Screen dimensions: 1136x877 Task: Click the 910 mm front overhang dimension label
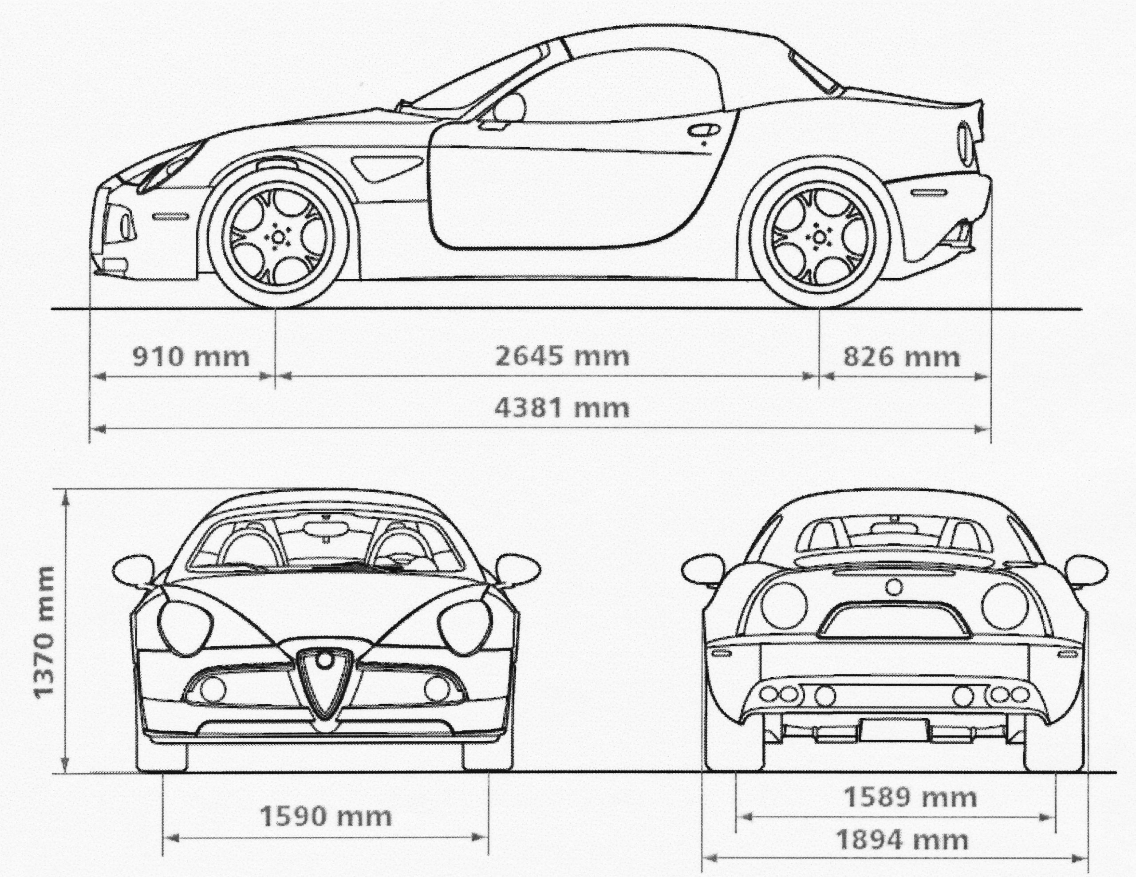click(x=191, y=357)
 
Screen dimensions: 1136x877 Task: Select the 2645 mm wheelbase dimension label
click(x=562, y=357)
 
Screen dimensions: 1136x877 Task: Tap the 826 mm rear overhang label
click(x=901, y=357)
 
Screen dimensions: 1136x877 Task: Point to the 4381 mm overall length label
click(x=562, y=408)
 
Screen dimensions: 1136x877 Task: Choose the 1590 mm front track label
click(x=326, y=816)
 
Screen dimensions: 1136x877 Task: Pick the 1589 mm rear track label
click(x=910, y=798)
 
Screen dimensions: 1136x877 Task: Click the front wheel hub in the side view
click(x=278, y=237)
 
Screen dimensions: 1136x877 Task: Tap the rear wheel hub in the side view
click(x=819, y=237)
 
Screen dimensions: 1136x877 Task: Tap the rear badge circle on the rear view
click(x=894, y=587)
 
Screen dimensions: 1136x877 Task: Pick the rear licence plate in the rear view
click(x=894, y=729)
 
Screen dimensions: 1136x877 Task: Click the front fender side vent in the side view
click(x=387, y=167)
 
